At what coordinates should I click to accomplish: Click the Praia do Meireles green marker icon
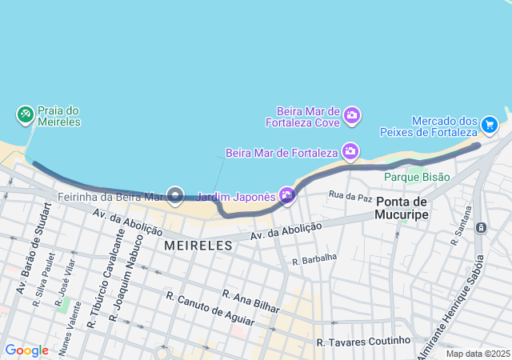pos(25,115)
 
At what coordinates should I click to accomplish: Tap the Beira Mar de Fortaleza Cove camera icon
pos(352,117)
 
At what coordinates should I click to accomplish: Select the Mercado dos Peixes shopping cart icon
pos(490,125)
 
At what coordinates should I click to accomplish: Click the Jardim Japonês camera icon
pos(287,195)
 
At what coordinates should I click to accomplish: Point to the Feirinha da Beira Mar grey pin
pos(175,195)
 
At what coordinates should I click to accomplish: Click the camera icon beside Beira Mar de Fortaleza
pos(350,151)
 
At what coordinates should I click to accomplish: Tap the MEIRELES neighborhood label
pos(198,246)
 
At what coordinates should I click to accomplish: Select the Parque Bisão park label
pos(417,176)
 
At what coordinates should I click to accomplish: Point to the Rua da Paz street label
pos(351,194)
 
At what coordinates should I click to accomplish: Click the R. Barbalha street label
pos(314,259)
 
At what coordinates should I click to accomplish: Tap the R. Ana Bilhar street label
pos(251,302)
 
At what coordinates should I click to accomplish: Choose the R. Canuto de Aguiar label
pos(210,309)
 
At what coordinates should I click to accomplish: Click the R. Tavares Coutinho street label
pos(363,342)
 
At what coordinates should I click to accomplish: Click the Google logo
pos(26,350)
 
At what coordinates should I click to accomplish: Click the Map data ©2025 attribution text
pos(478,354)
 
